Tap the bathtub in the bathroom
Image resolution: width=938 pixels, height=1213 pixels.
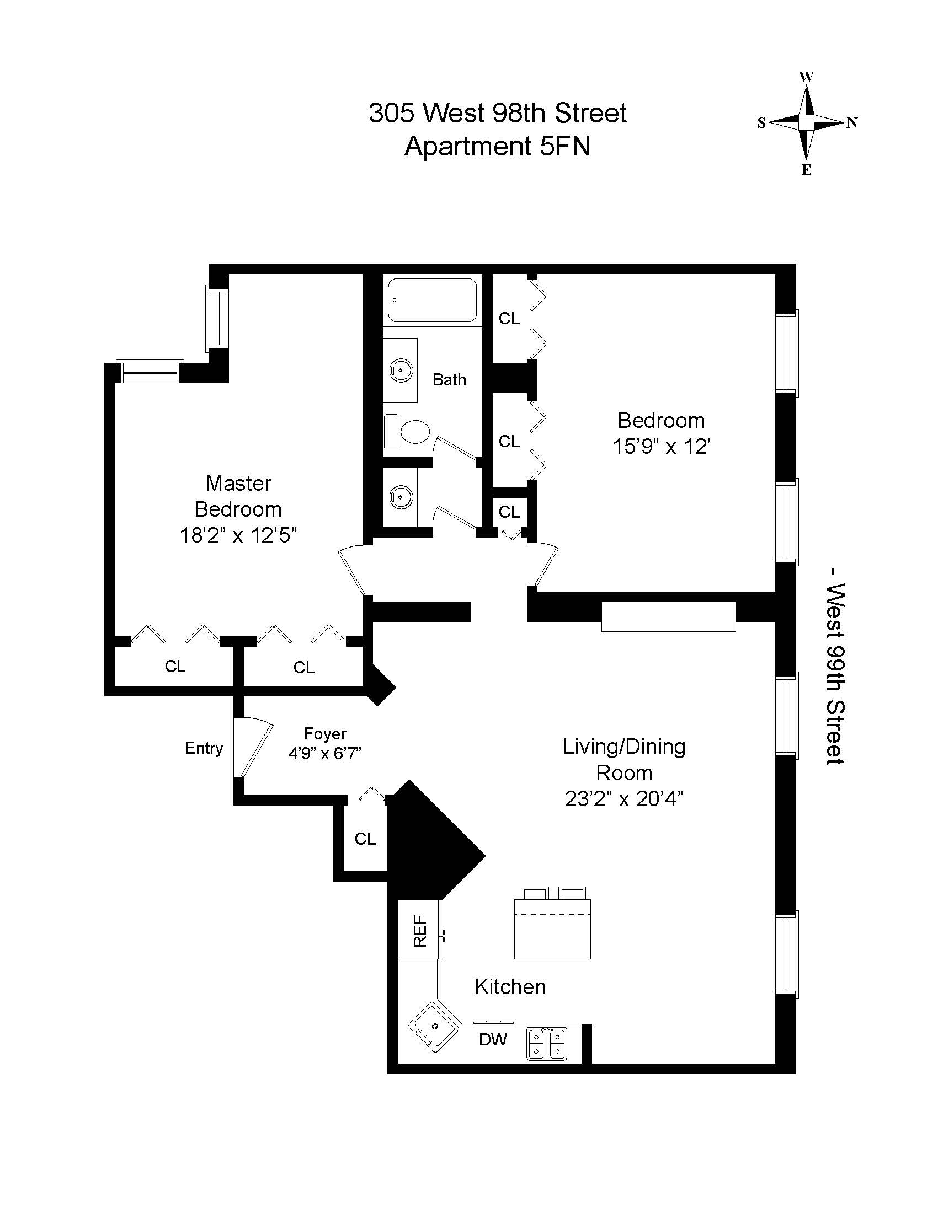pos(433,300)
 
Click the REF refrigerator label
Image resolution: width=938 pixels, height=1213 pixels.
pos(420,931)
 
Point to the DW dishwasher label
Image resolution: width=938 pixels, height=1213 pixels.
pos(493,1039)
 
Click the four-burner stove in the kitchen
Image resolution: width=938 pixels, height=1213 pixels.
pos(547,1044)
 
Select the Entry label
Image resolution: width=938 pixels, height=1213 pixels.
pos(204,748)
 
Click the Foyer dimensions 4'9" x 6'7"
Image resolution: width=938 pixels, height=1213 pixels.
pos(325,754)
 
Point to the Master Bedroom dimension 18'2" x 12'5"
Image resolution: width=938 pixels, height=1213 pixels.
pos(238,535)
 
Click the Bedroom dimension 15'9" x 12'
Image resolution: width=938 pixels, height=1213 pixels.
pos(661,447)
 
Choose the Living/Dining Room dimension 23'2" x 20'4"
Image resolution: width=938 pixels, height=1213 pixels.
pos(623,799)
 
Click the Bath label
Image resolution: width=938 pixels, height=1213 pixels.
pos(449,380)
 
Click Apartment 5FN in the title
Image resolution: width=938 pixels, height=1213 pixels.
pos(497,147)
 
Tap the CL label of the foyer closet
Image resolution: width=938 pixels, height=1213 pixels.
pos(365,839)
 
